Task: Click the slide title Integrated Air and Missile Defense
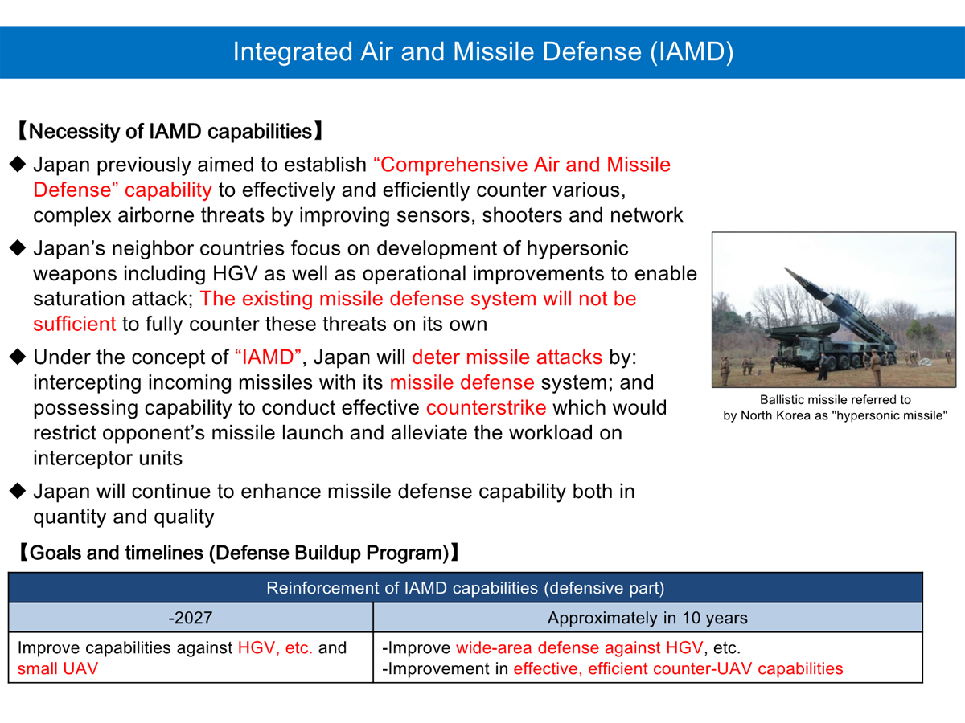click(x=482, y=51)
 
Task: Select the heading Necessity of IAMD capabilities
click(x=170, y=131)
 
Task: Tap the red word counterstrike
click(x=487, y=407)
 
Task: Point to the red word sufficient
click(x=74, y=324)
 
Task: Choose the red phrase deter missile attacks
click(x=507, y=357)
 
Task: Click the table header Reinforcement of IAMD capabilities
click(x=465, y=587)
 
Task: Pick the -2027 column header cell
click(x=191, y=618)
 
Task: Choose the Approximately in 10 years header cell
click(x=647, y=618)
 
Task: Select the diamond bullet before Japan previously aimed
click(x=18, y=165)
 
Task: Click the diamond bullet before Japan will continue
click(x=18, y=491)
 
